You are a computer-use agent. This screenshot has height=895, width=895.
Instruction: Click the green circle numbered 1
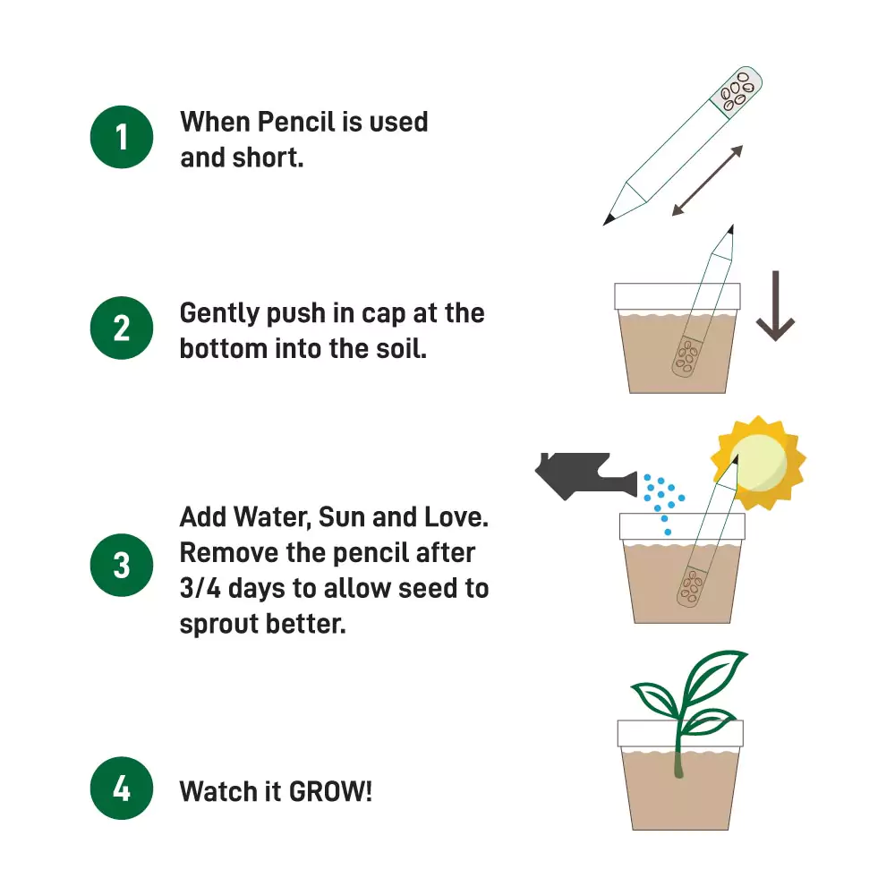[122, 137]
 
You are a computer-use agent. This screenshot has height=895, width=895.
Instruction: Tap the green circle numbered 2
[122, 328]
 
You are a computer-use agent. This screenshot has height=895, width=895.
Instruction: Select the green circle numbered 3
[122, 566]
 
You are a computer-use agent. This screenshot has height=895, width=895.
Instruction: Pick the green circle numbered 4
[122, 789]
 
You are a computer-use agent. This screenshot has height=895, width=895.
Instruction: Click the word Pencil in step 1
[297, 121]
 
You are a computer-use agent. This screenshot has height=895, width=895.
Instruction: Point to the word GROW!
[330, 791]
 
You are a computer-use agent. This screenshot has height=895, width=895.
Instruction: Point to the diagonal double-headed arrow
[707, 181]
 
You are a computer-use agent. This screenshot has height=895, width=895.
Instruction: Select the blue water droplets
[663, 501]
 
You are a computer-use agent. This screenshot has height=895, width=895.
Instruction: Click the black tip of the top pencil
[609, 217]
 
